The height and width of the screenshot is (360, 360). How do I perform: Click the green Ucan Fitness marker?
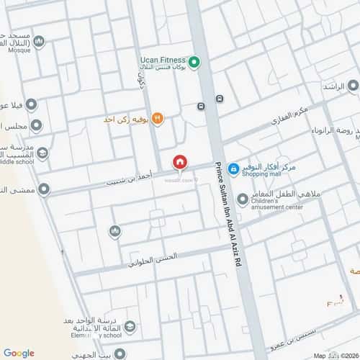click(194, 62)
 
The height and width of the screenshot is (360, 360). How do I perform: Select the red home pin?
click(179, 163)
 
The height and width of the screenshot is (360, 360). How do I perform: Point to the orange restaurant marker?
click(157, 119)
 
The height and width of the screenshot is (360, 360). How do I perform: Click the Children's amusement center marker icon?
click(243, 198)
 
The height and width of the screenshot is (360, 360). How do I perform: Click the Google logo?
click(19, 352)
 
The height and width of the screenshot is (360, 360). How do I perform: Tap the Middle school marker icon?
click(42, 153)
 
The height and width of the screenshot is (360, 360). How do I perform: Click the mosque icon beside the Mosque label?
click(39, 42)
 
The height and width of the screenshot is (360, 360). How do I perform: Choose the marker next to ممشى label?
click(44, 189)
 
